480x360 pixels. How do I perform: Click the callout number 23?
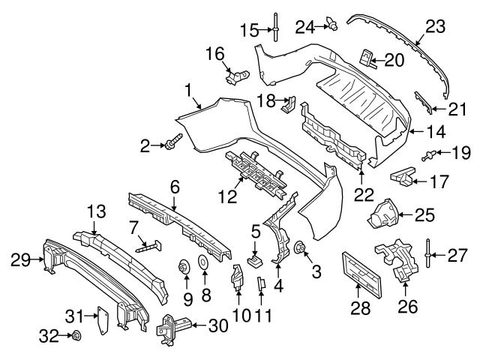coord(434,26)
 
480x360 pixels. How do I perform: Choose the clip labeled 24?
coord(331,27)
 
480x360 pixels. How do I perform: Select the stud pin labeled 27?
coord(427,251)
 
